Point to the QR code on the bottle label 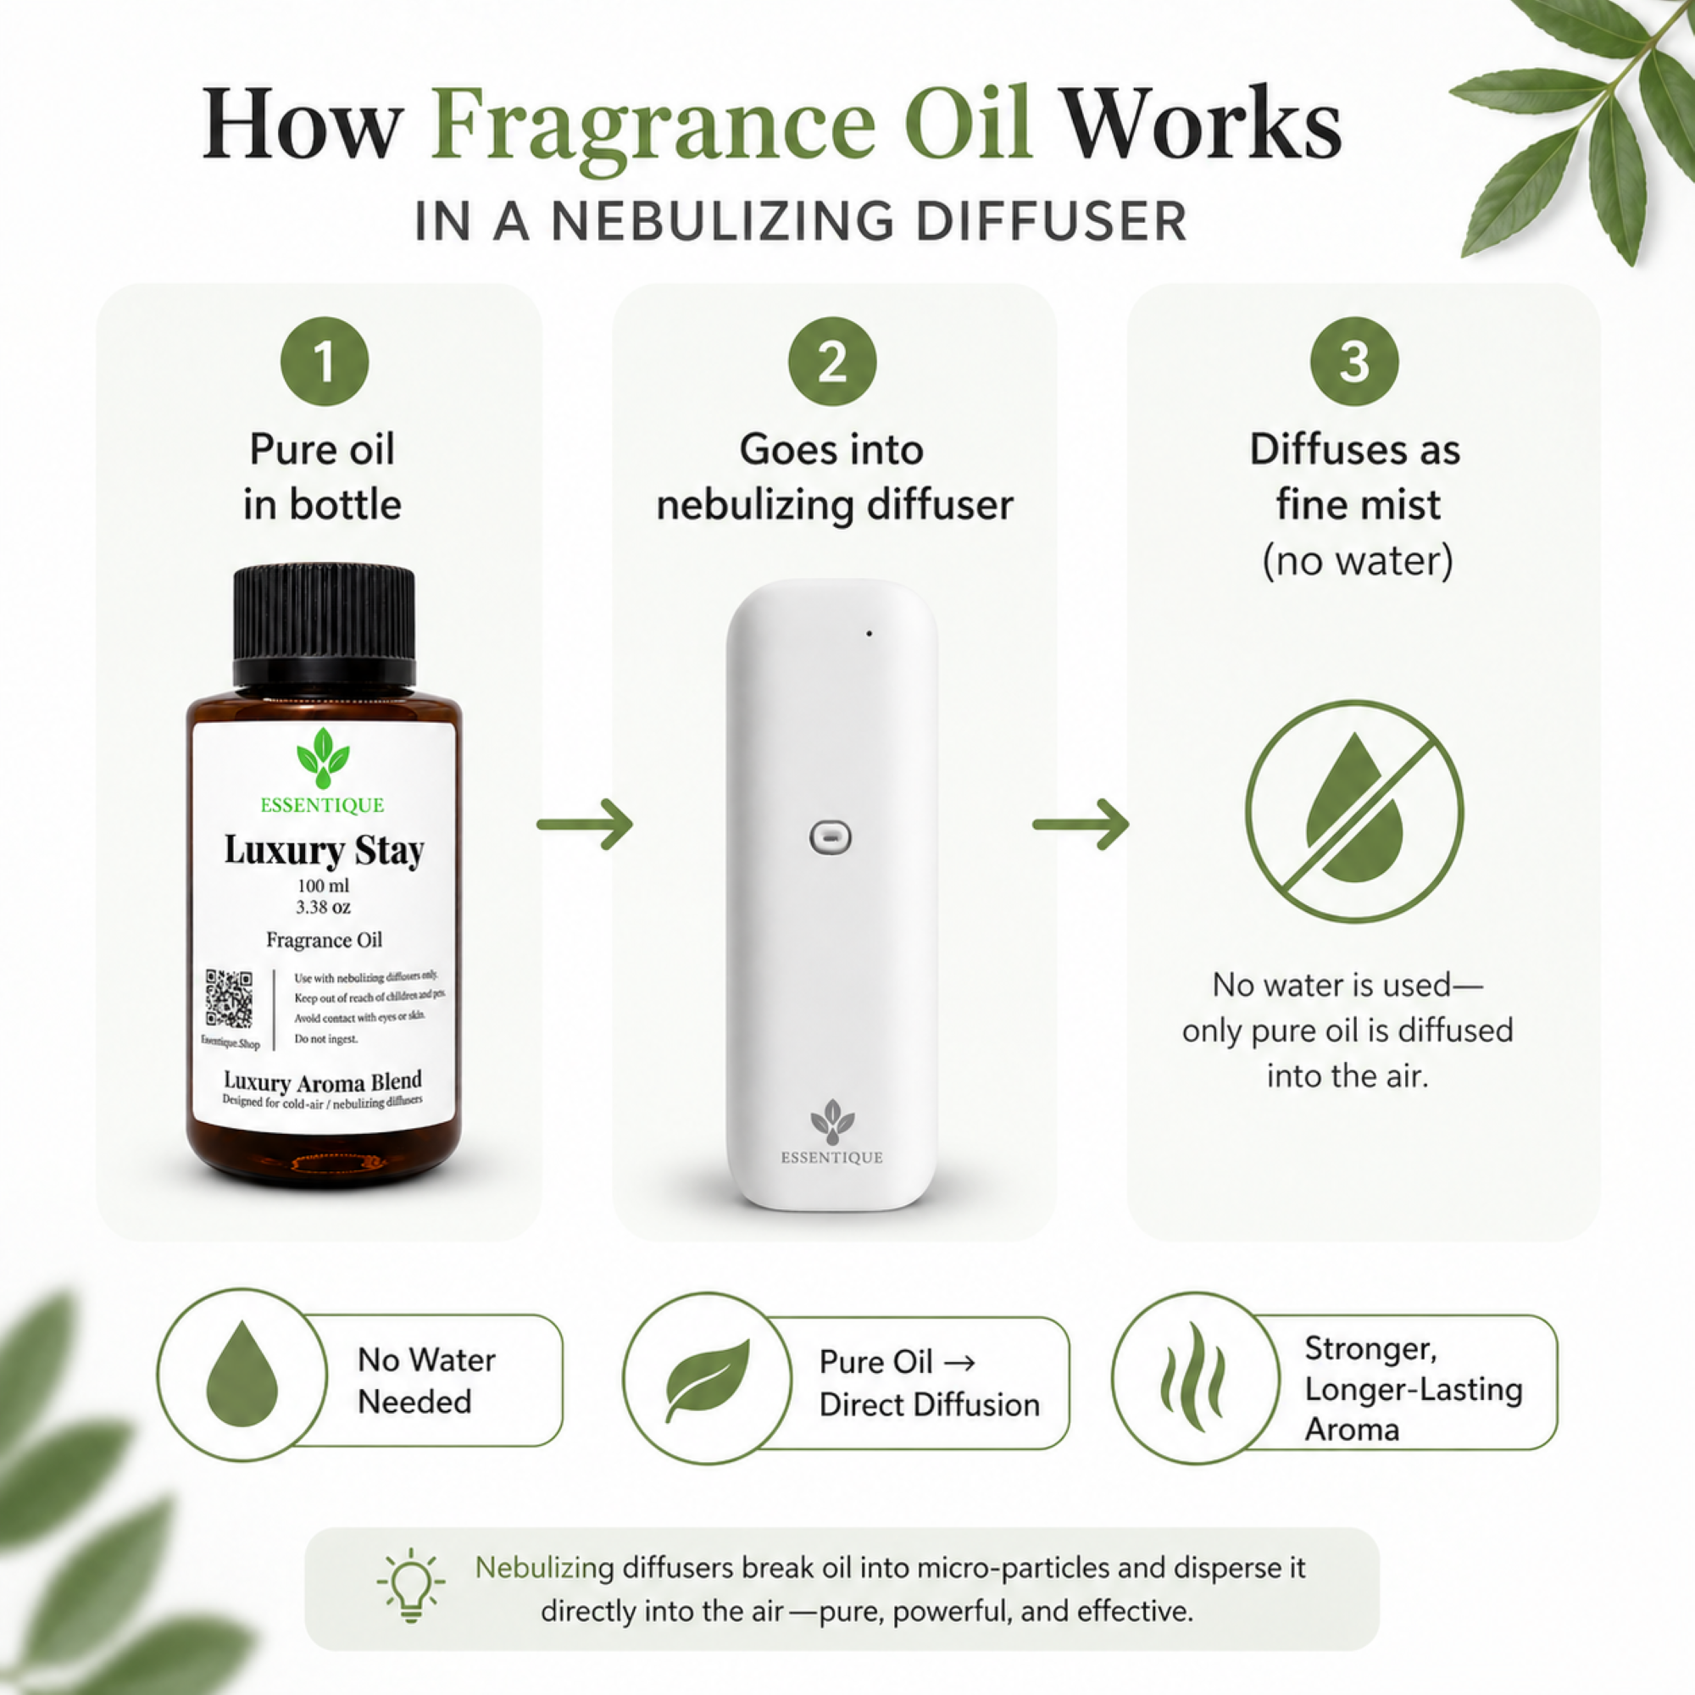click(x=229, y=998)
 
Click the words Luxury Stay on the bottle click(x=324, y=850)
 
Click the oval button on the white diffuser click(x=830, y=837)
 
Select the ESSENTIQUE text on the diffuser click(x=831, y=1158)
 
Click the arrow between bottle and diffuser click(x=584, y=824)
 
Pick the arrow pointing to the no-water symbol click(x=1080, y=824)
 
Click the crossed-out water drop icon click(x=1353, y=811)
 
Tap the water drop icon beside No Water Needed click(x=242, y=1375)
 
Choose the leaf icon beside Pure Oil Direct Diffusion click(x=707, y=1378)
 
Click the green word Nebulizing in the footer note click(x=544, y=1568)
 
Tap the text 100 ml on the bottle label click(x=323, y=886)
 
